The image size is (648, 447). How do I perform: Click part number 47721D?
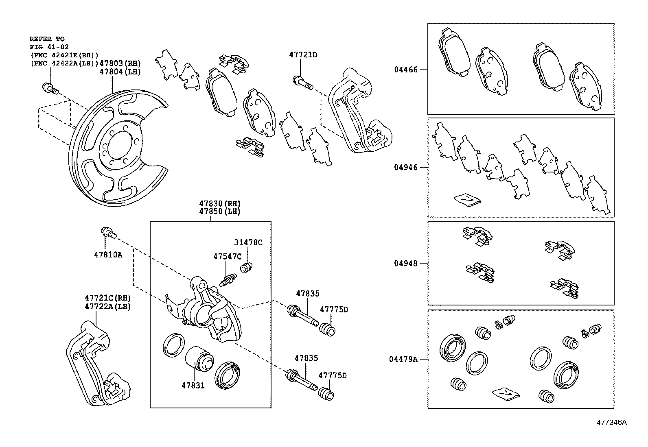pyautogui.click(x=303, y=55)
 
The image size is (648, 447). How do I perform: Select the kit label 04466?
pyautogui.click(x=405, y=70)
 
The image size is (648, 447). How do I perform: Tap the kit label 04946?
pyautogui.click(x=405, y=167)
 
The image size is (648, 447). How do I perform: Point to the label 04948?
pyautogui.click(x=405, y=263)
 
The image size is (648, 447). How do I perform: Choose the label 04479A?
pyautogui.click(x=403, y=359)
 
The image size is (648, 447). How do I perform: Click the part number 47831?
pyautogui.click(x=193, y=385)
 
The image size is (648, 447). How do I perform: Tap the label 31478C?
pyautogui.click(x=248, y=242)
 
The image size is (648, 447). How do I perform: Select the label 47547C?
pyautogui.click(x=227, y=256)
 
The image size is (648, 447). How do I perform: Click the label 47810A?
pyautogui.click(x=108, y=255)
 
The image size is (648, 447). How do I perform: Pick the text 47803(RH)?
pyautogui.click(x=120, y=63)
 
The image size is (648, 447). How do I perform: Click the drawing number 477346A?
pyautogui.click(x=611, y=422)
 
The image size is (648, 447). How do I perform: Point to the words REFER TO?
pyautogui.click(x=47, y=39)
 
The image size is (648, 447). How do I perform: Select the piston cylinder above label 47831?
pyautogui.click(x=199, y=358)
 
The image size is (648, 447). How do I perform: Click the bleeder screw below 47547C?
pyautogui.click(x=228, y=280)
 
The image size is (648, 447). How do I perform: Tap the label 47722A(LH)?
pyautogui.click(x=108, y=306)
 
